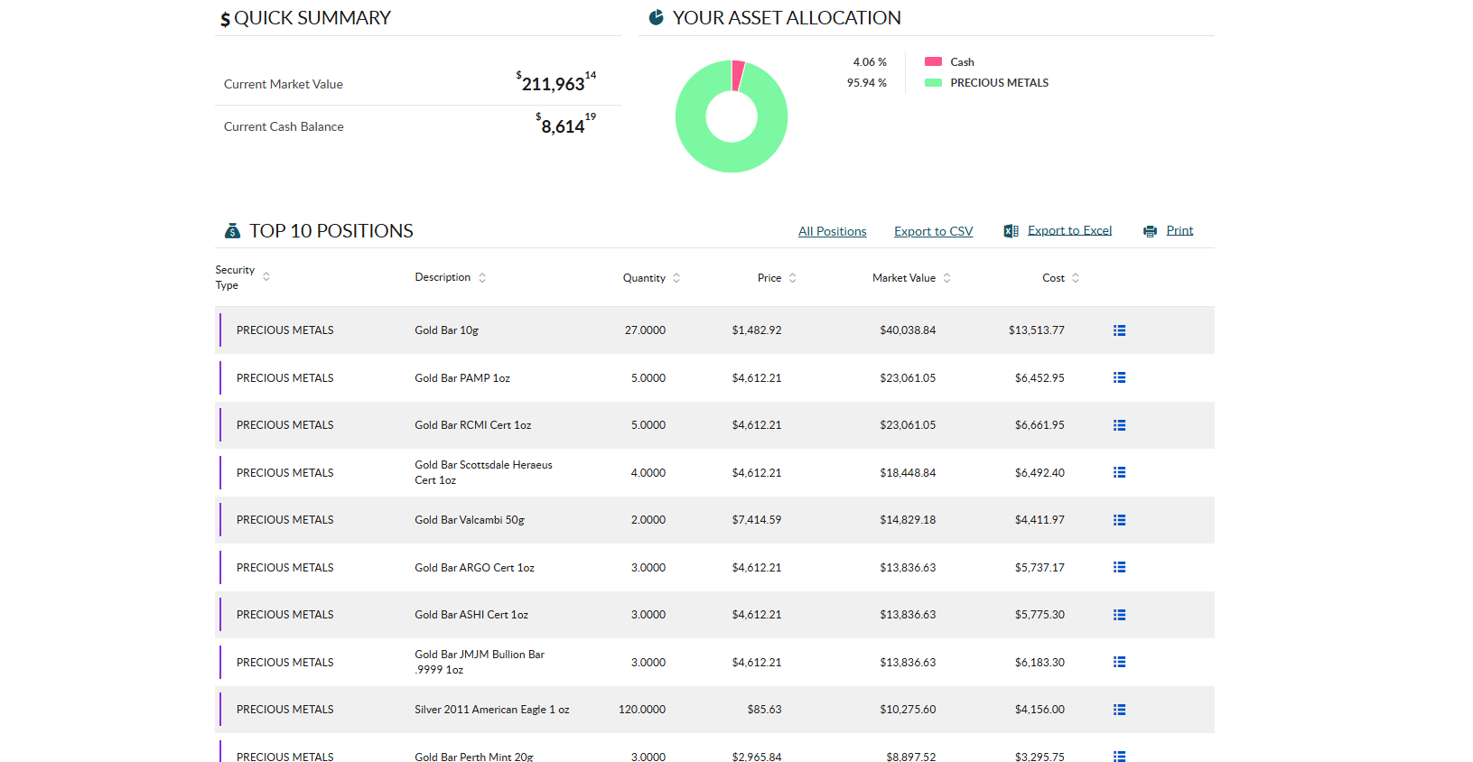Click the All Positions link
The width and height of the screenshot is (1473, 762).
[832, 231]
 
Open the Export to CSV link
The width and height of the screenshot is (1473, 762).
[933, 231]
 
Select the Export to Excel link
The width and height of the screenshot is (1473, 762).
[1069, 230]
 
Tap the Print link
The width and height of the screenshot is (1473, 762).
[1179, 230]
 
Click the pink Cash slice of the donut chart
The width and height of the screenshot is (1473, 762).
[738, 75]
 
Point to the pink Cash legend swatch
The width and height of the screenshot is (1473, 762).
[933, 61]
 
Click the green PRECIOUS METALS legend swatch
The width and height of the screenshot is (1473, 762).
[933, 83]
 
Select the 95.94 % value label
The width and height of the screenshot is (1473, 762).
[867, 83]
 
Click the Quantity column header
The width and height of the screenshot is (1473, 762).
[644, 278]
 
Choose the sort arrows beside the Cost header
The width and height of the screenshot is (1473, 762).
[1075, 278]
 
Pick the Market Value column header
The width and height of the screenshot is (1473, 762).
[903, 278]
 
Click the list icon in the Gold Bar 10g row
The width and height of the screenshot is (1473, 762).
[1119, 330]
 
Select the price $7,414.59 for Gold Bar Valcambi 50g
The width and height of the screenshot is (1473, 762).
[756, 520]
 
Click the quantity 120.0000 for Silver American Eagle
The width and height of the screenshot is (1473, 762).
[642, 710]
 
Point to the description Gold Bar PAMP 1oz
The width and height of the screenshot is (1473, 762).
[462, 378]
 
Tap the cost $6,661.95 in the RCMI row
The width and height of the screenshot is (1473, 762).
[1039, 425]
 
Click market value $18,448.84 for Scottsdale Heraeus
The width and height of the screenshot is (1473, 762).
[908, 473]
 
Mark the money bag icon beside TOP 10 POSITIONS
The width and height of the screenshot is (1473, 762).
[232, 231]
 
